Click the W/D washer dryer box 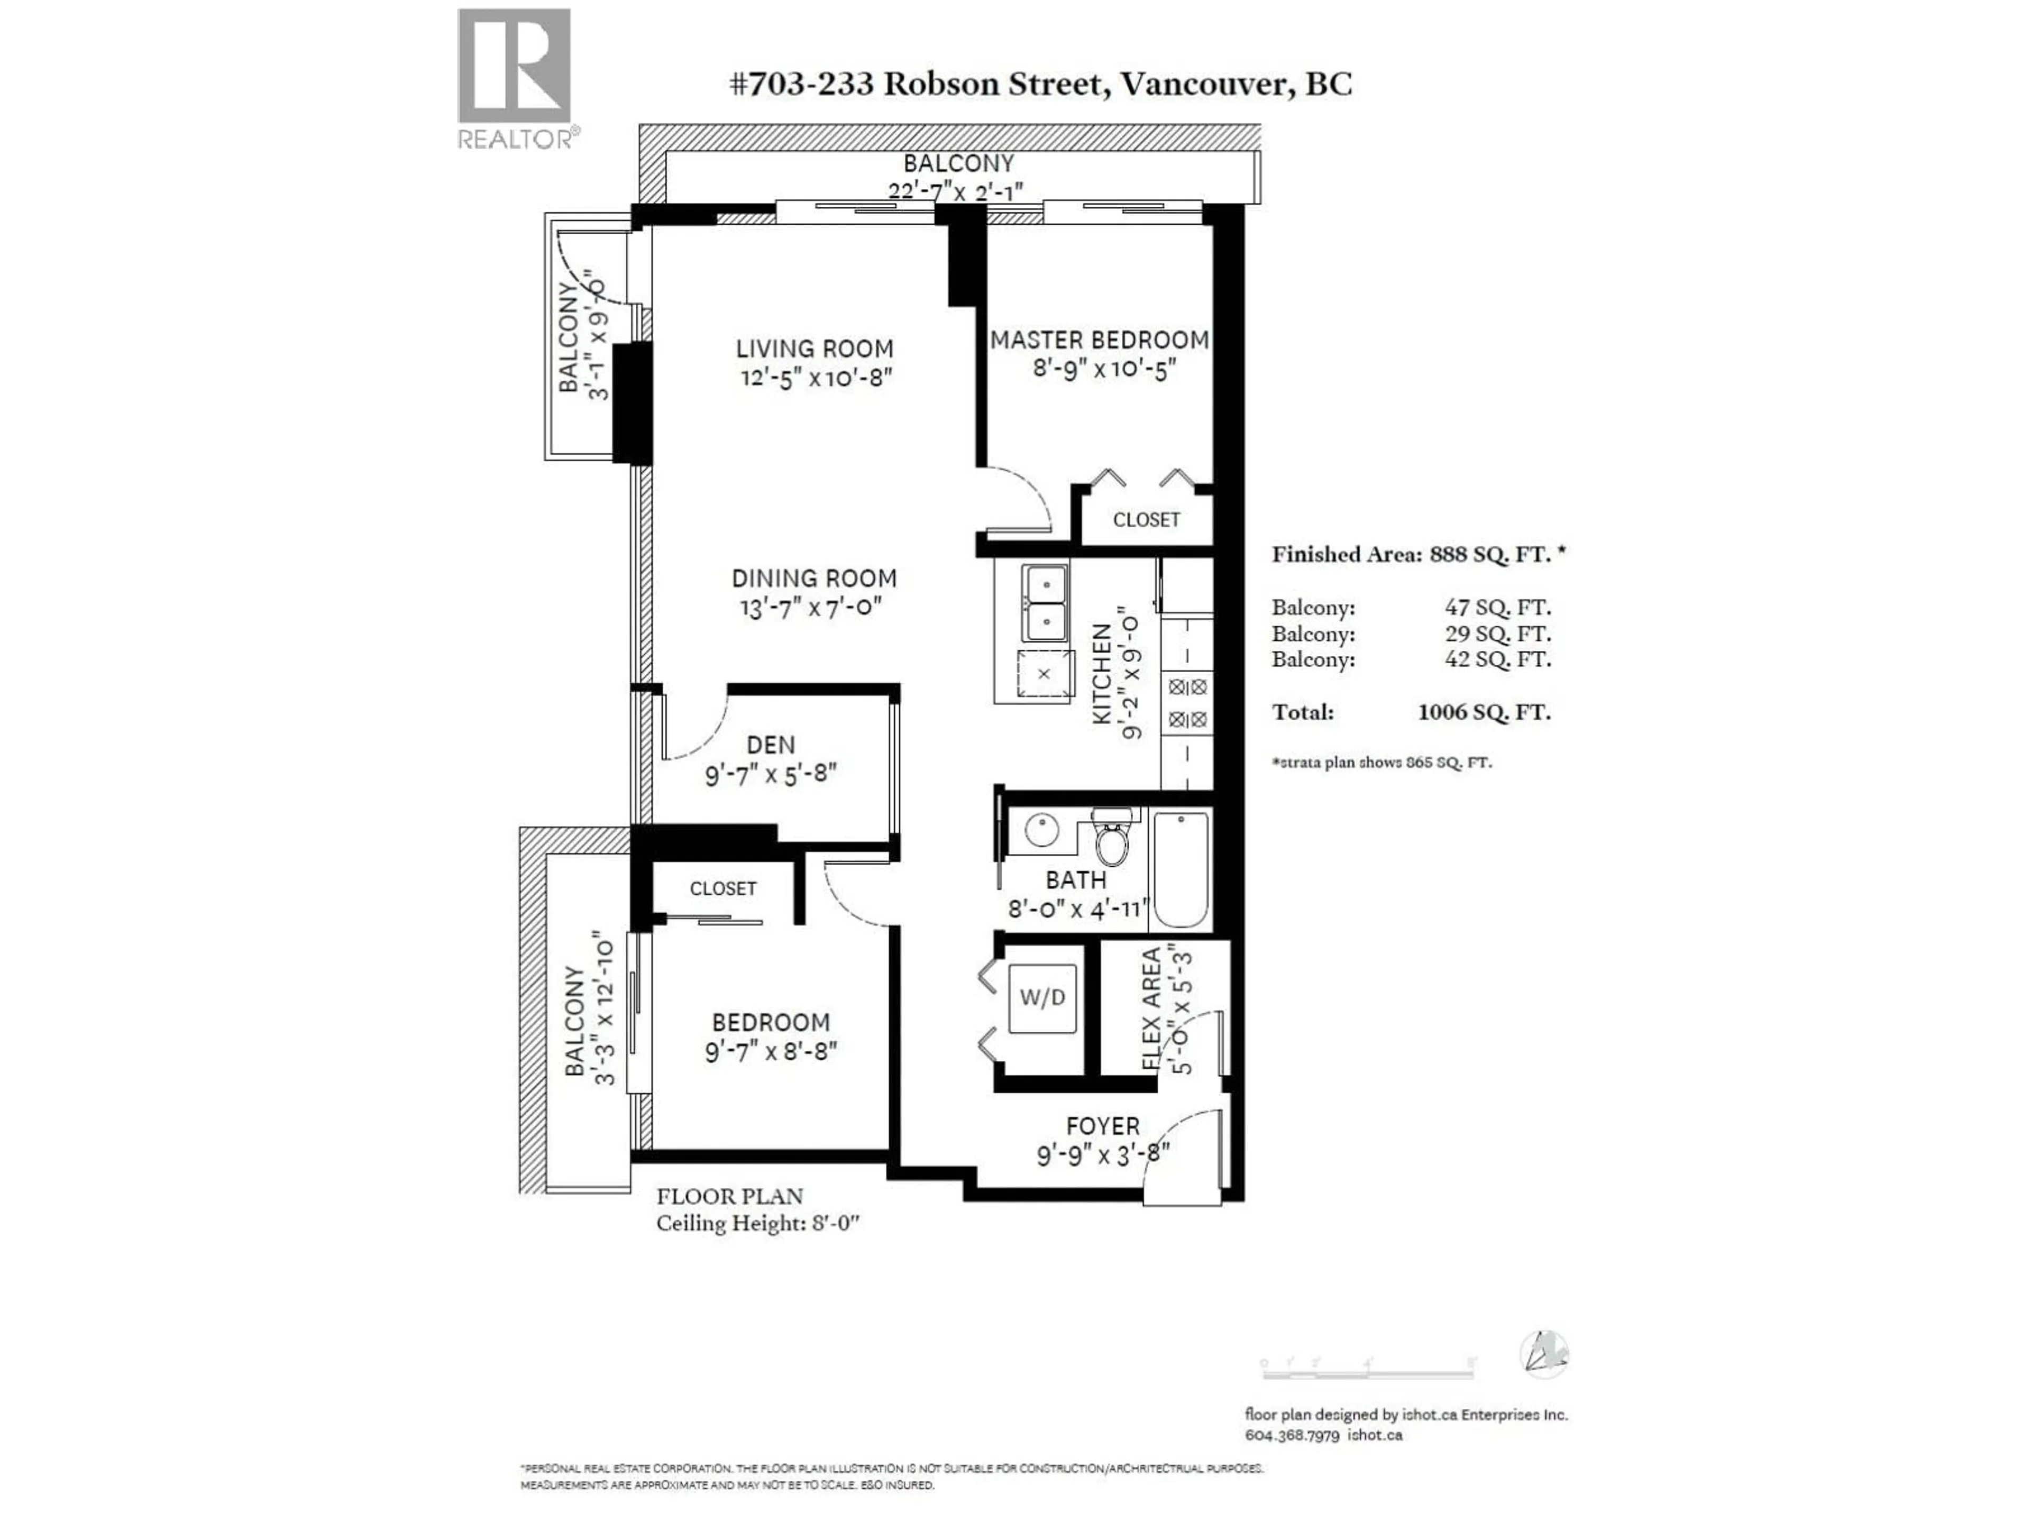point(1042,998)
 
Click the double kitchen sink point(1045,602)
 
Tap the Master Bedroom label point(1099,341)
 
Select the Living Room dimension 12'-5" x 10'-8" point(816,377)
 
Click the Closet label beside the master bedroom point(1146,520)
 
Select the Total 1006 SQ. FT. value point(1484,712)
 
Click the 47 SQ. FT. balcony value point(1497,608)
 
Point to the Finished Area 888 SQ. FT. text point(1417,555)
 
